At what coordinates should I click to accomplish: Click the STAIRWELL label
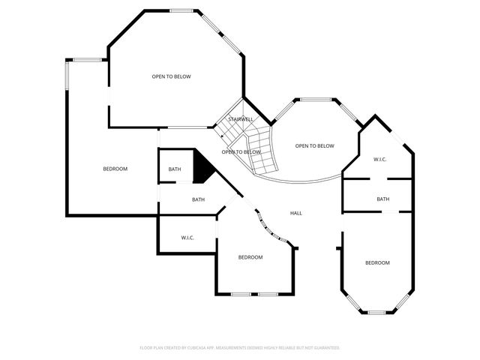241,119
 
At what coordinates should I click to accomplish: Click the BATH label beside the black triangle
175,169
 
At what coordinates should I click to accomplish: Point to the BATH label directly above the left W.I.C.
198,199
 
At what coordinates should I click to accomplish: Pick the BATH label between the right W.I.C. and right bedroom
382,199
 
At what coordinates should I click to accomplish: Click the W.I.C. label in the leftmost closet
187,238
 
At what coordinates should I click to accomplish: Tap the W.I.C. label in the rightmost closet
379,159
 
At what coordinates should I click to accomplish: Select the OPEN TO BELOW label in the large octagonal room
172,76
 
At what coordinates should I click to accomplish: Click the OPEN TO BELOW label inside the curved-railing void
314,146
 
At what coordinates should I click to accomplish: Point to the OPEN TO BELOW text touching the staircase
235,152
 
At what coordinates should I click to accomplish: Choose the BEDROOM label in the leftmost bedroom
115,169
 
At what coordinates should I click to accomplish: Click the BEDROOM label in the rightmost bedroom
377,262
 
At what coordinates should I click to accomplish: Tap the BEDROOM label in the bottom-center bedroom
250,257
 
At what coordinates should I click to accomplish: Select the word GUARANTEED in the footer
324,348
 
